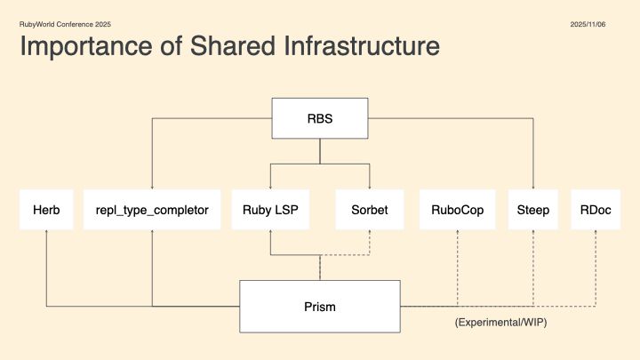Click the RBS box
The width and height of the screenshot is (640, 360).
coord(319,118)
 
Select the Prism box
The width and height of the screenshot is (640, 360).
coord(319,307)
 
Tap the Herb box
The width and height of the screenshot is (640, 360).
coord(45,211)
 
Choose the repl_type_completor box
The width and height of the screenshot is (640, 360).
coord(152,211)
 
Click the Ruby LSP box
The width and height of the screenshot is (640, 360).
coord(270,211)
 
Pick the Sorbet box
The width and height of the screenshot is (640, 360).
coord(369,211)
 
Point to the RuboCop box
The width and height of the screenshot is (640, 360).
coord(457,211)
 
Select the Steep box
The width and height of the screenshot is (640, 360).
coord(533,211)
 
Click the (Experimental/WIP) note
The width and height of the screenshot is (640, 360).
coord(500,323)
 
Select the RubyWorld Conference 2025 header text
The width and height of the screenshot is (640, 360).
coord(66,24)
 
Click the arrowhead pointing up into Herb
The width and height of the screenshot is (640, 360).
coord(45,233)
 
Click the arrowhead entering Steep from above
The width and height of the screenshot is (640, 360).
coord(533,188)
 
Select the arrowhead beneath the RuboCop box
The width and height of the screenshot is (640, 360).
coord(457,233)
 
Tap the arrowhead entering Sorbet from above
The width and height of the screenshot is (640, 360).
coord(369,188)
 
